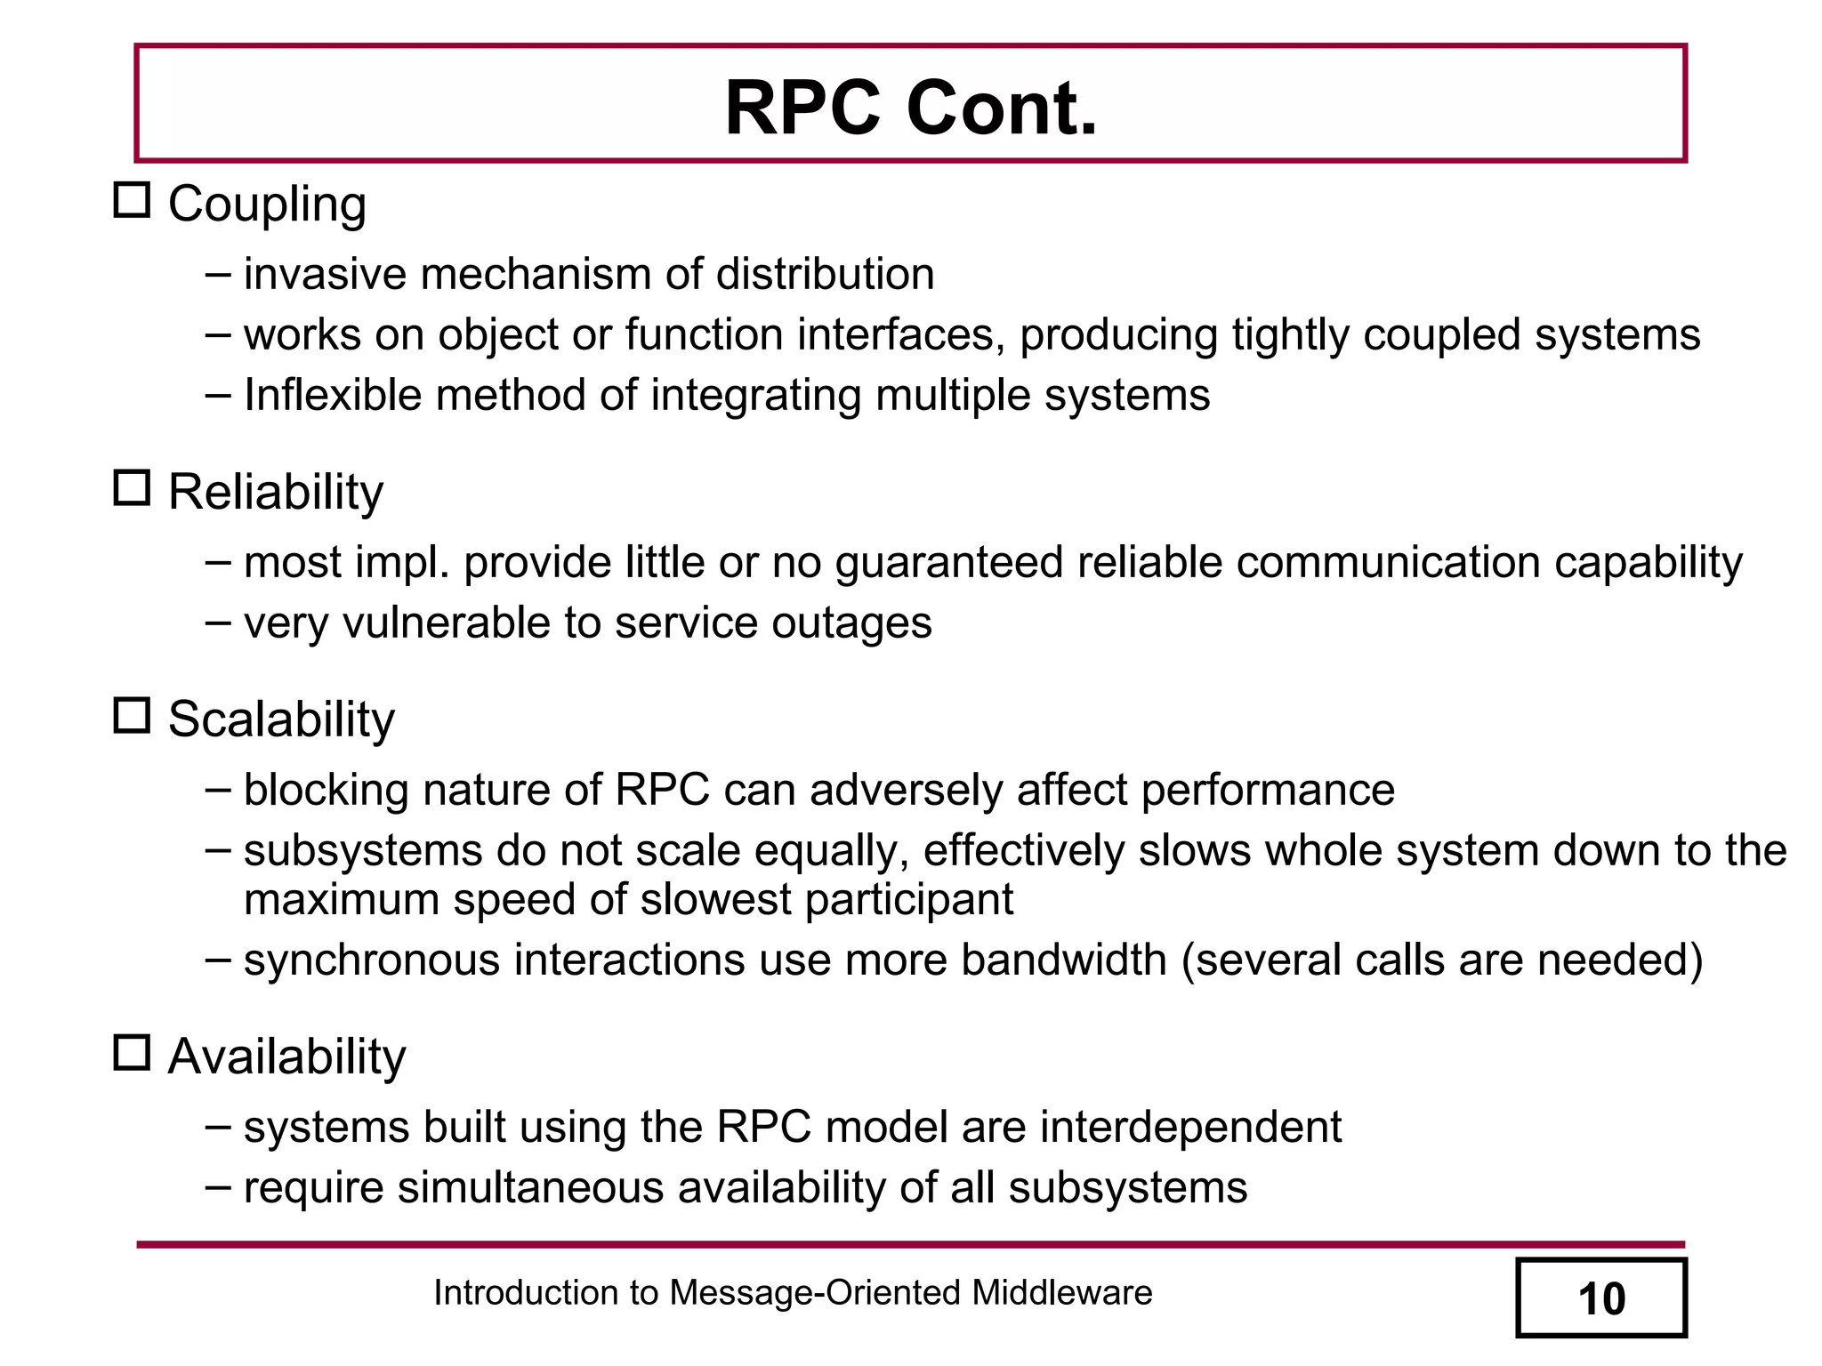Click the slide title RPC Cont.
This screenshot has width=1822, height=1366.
911,108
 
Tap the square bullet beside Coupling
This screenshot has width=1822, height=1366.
132,200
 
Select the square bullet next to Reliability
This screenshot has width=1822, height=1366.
132,488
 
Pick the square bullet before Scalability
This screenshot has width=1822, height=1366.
132,715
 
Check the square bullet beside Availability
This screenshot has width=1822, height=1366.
132,1052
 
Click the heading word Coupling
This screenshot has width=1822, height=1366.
267,205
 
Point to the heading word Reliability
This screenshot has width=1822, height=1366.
276,493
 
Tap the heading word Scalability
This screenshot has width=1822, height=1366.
281,719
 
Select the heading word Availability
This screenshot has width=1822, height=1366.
286,1057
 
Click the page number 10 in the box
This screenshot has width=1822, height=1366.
1600,1298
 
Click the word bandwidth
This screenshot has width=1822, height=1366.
1064,960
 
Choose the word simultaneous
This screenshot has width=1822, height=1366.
530,1188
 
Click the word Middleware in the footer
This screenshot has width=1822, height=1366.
1061,1293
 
